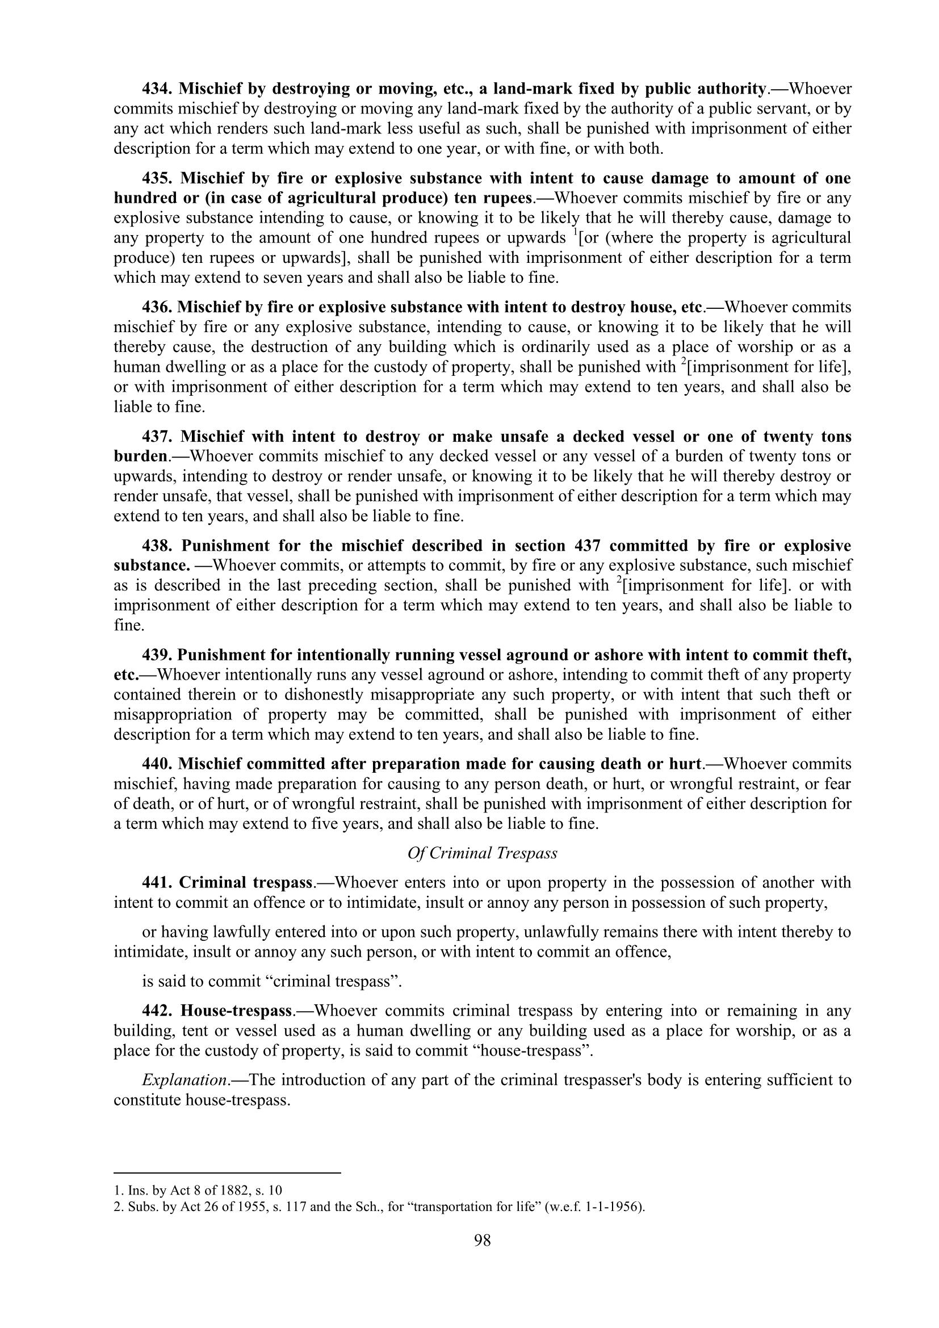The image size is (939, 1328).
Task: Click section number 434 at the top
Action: point(157,89)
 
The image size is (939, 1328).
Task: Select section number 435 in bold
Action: point(157,179)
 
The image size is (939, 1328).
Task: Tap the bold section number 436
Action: point(157,307)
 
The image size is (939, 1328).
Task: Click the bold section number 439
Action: point(157,655)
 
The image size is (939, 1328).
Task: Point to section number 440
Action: point(157,764)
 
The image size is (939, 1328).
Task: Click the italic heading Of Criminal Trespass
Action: point(482,853)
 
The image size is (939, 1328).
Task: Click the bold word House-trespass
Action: point(236,1011)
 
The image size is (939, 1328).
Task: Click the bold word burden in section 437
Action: point(140,456)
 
